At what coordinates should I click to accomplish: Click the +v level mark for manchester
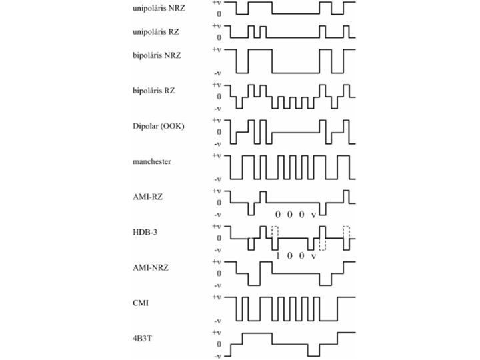tap(217, 155)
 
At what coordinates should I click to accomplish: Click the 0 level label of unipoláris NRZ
tap(218, 13)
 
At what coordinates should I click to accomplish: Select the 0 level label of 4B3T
tap(218, 344)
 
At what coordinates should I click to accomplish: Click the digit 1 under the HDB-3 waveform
tap(277, 255)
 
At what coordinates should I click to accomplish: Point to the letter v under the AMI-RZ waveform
tap(313, 215)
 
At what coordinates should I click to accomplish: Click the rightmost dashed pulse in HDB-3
tap(346, 233)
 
